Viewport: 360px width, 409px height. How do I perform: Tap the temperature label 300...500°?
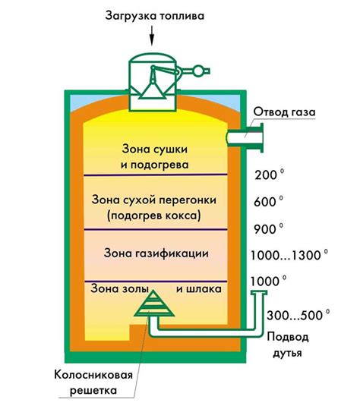[297, 313]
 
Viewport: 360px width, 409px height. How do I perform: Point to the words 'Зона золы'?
[115, 288]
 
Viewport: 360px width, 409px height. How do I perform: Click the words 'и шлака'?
[198, 288]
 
